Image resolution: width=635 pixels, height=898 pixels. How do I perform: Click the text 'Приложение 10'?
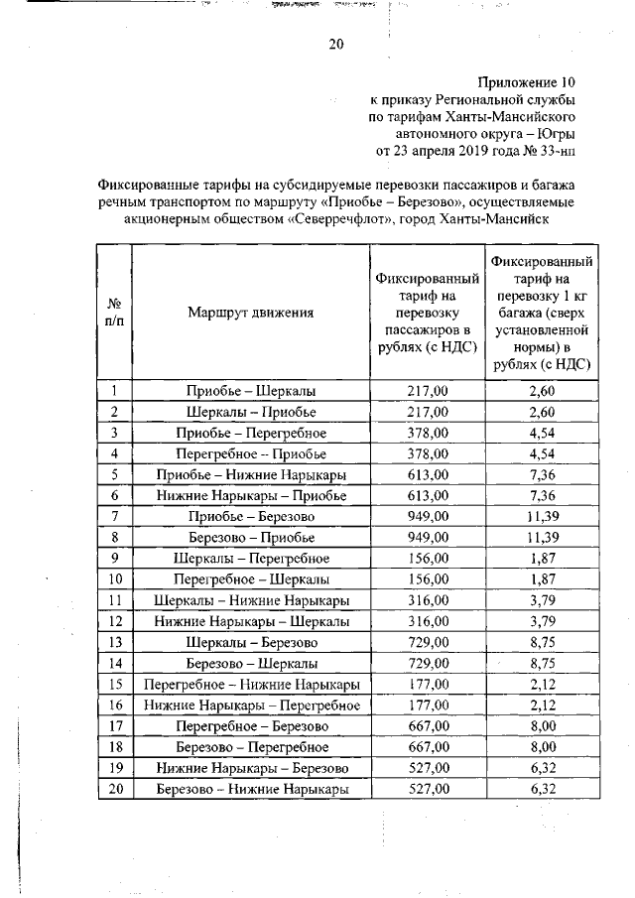[527, 82]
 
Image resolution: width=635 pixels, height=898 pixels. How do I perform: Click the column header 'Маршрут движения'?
[251, 312]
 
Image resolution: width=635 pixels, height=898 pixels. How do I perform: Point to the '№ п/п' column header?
[114, 312]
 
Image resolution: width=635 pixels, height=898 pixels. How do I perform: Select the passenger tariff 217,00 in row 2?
[429, 412]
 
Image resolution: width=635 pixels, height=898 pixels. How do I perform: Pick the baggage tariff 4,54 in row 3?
[542, 433]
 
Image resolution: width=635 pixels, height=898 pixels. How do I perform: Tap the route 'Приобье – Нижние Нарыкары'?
[251, 474]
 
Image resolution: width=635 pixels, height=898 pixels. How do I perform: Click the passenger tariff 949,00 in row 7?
[429, 516]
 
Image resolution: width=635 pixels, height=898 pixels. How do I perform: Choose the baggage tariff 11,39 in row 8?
[542, 537]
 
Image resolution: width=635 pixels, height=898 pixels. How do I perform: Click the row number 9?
[114, 558]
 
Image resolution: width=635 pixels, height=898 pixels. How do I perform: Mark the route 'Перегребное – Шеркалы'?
[251, 578]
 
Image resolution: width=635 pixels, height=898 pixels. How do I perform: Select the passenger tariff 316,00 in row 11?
[429, 599]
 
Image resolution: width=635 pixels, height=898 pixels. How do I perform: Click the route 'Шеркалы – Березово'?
[251, 642]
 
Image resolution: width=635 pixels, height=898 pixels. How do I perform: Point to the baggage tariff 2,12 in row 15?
[542, 684]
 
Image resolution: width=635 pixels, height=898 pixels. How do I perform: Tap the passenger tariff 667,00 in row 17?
[429, 725]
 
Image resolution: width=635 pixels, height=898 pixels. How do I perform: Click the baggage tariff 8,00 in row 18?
[542, 746]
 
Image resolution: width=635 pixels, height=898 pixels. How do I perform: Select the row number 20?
[114, 789]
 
